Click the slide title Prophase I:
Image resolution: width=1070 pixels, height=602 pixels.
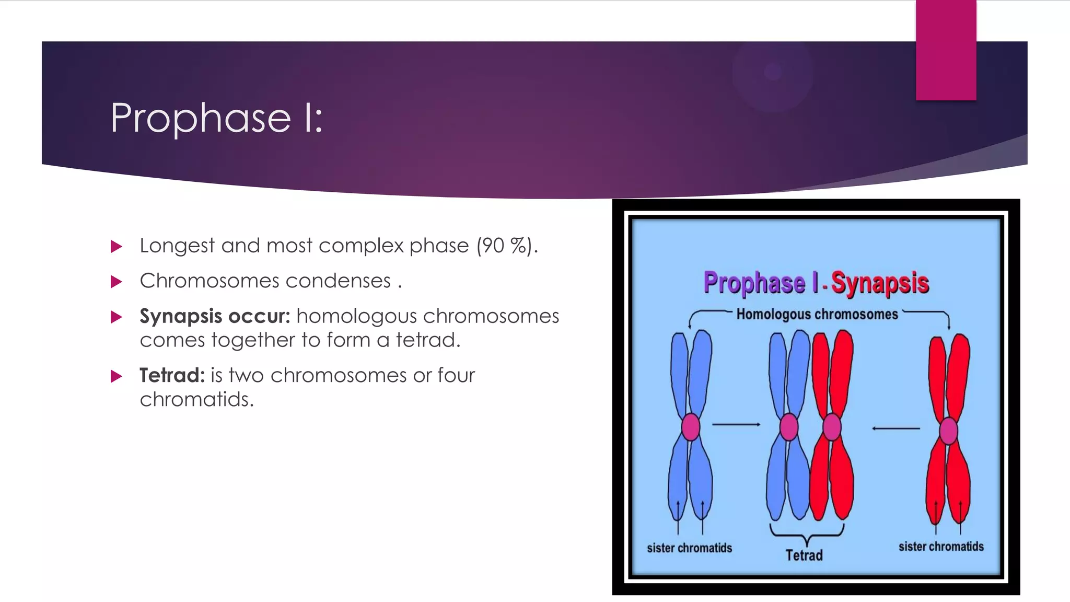216,118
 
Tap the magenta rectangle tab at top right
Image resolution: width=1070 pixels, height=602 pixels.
946,50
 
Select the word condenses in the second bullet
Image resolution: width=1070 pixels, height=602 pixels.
338,281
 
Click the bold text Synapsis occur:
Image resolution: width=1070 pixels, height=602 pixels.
215,316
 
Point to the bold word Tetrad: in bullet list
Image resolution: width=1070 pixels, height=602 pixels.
172,375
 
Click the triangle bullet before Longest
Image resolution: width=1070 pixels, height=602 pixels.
117,246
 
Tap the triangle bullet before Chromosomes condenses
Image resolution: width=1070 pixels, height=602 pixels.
117,282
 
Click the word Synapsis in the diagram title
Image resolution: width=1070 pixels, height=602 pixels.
880,283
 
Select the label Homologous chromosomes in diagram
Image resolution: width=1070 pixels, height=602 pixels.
817,314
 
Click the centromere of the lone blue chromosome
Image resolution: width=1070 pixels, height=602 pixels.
691,426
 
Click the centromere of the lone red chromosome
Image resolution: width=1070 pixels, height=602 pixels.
948,431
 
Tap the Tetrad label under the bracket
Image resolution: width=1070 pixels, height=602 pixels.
804,555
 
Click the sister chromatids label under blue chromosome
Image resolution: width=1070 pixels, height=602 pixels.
689,548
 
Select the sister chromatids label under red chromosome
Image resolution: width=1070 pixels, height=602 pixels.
941,547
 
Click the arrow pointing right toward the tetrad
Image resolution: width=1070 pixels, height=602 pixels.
736,424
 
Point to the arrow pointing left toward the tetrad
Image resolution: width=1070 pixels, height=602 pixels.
896,429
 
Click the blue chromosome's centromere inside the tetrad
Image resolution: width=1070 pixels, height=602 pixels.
789,426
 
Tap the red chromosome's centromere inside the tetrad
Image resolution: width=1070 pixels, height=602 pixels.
832,426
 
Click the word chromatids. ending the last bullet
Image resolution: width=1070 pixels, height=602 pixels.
196,399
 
